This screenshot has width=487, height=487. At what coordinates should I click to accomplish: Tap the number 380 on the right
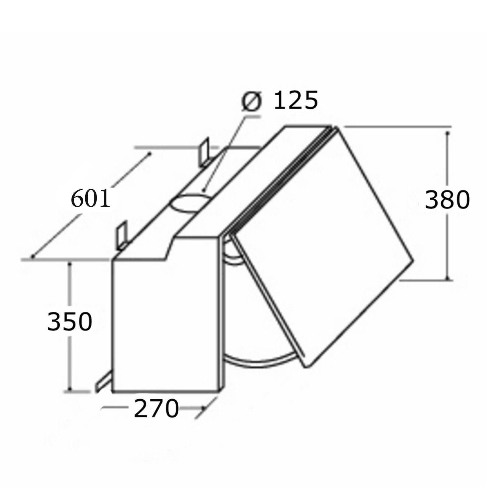[x=447, y=200]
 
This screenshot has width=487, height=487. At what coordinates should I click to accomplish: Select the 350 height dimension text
[x=70, y=322]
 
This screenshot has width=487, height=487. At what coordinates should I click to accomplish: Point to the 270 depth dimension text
[x=156, y=409]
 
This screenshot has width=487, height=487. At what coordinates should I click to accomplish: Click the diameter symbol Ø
[x=252, y=102]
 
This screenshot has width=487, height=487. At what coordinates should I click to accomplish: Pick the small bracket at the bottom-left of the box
[x=102, y=385]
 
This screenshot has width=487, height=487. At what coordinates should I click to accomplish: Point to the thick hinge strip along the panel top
[x=280, y=180]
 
